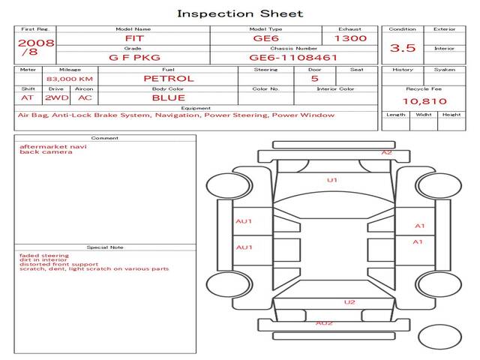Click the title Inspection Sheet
240,13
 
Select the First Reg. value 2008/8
36,47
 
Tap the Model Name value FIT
134,38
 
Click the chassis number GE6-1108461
293,58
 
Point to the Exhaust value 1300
350,38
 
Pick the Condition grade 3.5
403,48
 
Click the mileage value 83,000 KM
70,79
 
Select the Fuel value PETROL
169,79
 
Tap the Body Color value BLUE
169,98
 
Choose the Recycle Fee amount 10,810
424,101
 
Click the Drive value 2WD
57,98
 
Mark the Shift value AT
27,98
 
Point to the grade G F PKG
134,58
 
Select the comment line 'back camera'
46,151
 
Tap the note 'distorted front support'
58,264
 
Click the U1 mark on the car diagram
332,180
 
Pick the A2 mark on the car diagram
387,152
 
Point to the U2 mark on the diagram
349,302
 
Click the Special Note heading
105,247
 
